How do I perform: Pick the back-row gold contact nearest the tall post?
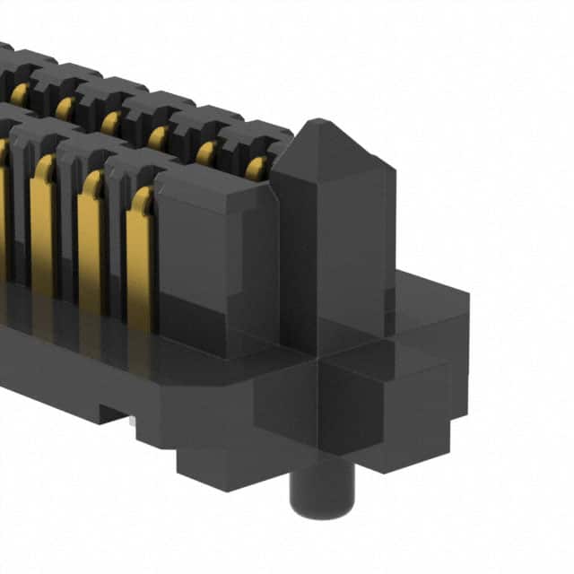click(x=256, y=168)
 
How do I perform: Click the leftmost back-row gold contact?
click(x=19, y=94)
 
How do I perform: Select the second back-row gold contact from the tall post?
click(x=206, y=152)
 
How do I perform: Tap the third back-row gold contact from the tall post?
click(x=159, y=137)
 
